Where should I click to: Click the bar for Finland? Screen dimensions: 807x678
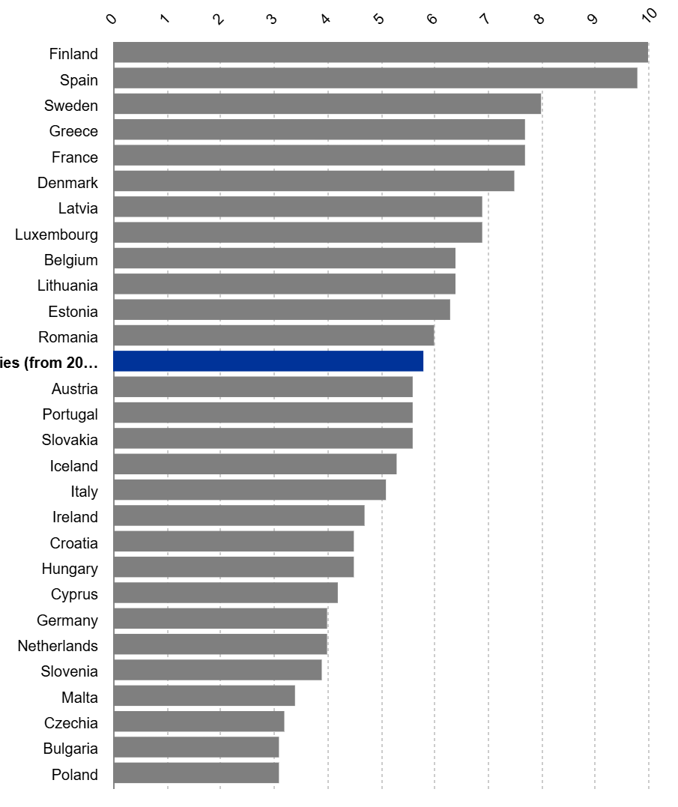[381, 52]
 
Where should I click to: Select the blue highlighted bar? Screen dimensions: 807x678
[268, 361]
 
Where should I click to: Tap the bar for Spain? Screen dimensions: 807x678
[375, 78]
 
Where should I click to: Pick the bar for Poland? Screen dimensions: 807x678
[196, 773]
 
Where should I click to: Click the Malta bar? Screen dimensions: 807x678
[205, 696]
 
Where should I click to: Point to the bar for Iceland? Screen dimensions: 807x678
[255, 465]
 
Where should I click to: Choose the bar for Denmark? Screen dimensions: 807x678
[314, 181]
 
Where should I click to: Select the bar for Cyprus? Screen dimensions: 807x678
[226, 593]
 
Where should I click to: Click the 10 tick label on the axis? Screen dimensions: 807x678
[649, 14]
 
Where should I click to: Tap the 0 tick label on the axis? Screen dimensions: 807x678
[112, 19]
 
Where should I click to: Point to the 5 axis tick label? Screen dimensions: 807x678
[380, 19]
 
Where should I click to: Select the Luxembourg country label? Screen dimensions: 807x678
[56, 235]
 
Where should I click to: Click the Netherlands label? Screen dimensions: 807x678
[58, 646]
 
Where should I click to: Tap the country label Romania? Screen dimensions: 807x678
[68, 337]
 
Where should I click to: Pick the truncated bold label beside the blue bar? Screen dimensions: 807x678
[49, 363]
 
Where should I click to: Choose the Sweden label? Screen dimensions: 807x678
[71, 106]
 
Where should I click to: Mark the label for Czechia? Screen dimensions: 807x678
[71, 723]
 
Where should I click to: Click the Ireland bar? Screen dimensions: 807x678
[239, 516]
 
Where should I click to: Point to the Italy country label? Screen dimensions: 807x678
[85, 492]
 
